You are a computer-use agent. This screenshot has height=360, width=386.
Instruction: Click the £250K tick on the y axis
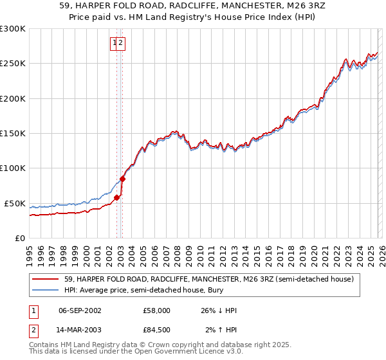pyautogui.click(x=13, y=64)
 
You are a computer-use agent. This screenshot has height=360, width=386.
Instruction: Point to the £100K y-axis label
pyautogui.click(x=13, y=168)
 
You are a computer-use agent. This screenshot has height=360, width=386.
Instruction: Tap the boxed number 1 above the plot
pyautogui.click(x=115, y=44)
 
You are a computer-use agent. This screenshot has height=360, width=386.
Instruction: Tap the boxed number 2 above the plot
pyautogui.click(x=121, y=44)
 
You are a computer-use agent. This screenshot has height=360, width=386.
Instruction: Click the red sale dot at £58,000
pyautogui.click(x=116, y=198)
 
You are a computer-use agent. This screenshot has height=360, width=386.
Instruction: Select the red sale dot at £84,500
pyautogui.click(x=122, y=179)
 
